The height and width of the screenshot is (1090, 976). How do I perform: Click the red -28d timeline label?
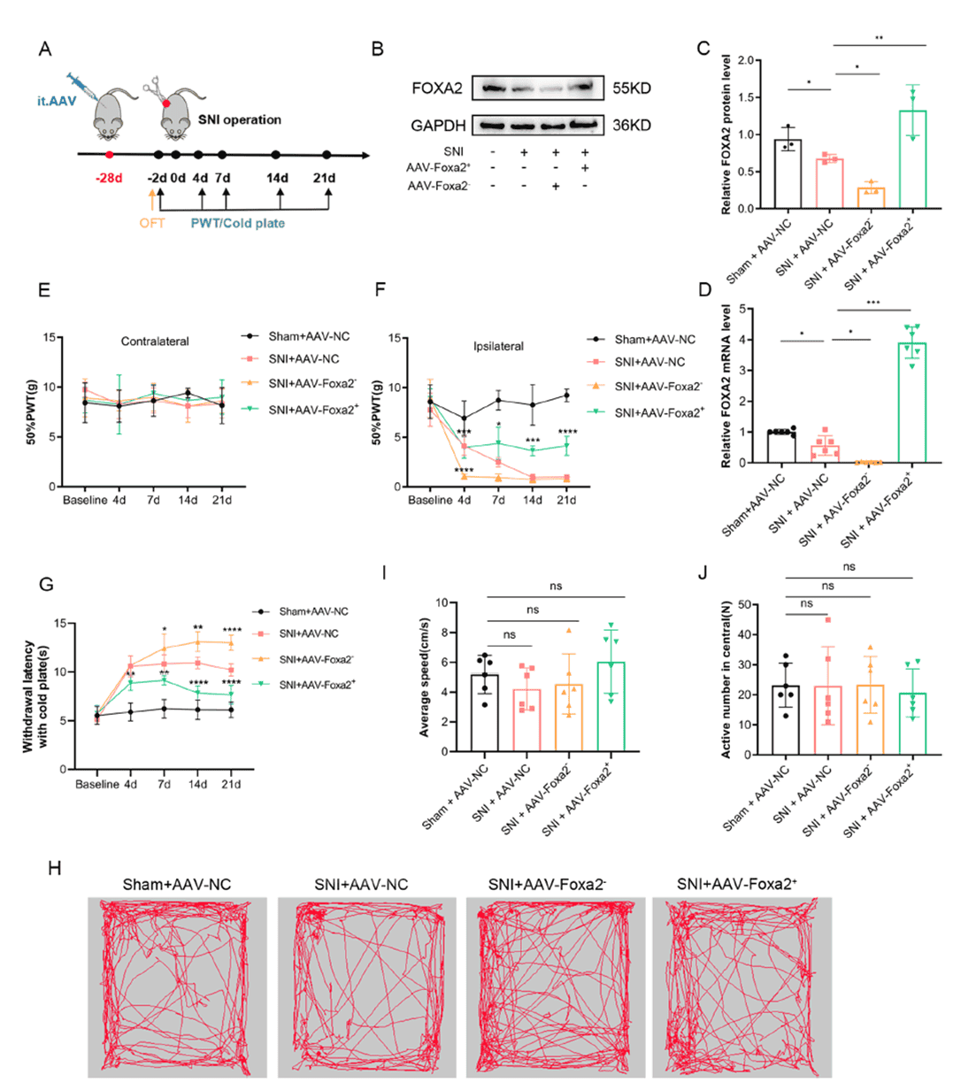point(110,178)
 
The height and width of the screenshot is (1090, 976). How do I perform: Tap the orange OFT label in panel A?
point(151,223)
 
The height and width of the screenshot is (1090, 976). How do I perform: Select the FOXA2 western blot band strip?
point(538,88)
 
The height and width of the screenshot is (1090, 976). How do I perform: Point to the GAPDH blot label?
point(438,126)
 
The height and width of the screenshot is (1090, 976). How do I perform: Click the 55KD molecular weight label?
point(632,88)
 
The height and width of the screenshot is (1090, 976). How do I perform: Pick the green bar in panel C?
point(912,159)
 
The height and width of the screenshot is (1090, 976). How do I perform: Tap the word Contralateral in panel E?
point(156,341)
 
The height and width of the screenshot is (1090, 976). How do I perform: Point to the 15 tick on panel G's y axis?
point(59,623)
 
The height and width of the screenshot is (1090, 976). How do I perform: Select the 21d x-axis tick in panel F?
point(566,501)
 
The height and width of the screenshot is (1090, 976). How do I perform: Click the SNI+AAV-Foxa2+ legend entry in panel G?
point(317,684)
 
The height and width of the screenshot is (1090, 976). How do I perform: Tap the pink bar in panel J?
point(825,720)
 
